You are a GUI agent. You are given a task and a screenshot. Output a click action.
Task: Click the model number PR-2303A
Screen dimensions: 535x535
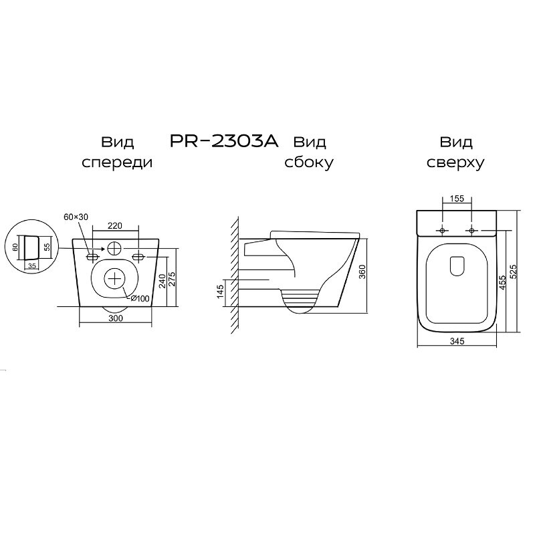click(x=224, y=141)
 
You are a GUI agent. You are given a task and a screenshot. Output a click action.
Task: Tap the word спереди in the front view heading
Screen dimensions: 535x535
click(x=117, y=163)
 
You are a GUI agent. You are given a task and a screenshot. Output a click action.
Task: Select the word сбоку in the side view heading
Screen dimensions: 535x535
click(x=309, y=163)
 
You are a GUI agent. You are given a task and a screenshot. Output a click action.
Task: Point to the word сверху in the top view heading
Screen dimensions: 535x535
click(x=455, y=163)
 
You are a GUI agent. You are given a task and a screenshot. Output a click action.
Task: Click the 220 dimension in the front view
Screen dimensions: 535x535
click(x=115, y=225)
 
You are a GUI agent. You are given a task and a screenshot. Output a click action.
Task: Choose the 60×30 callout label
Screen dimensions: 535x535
click(x=76, y=217)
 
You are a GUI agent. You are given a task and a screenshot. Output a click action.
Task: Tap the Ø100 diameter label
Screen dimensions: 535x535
click(x=140, y=298)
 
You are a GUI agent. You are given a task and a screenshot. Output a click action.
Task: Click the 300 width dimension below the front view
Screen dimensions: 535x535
click(x=116, y=318)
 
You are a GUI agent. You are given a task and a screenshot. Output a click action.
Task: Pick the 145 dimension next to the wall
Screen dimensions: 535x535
click(x=221, y=292)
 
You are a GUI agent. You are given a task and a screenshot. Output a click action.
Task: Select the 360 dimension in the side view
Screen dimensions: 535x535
click(x=362, y=272)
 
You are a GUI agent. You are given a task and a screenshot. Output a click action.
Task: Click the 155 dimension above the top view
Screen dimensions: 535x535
click(x=457, y=198)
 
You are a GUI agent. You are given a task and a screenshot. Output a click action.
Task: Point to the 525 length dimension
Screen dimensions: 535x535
click(x=514, y=272)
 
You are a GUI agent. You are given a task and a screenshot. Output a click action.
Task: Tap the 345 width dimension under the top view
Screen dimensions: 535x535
click(x=457, y=341)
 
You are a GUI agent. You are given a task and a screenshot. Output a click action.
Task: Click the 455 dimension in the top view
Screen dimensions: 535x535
click(x=502, y=283)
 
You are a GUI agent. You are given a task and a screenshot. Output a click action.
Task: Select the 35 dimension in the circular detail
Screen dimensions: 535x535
click(x=32, y=265)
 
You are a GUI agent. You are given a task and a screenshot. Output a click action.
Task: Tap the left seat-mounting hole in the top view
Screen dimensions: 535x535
click(x=442, y=231)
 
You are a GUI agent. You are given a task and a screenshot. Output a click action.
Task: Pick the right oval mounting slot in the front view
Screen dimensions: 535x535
click(x=138, y=256)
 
